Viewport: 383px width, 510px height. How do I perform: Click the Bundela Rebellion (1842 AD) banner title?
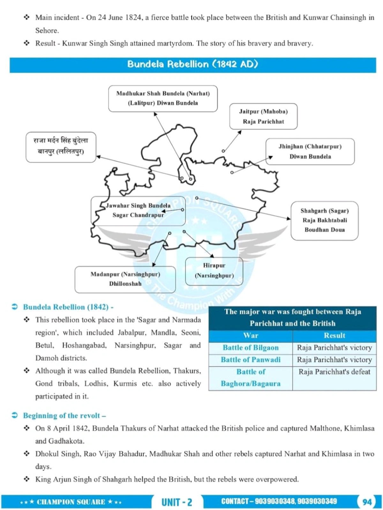pos(192,64)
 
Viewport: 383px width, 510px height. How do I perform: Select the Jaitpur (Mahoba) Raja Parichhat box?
pos(263,116)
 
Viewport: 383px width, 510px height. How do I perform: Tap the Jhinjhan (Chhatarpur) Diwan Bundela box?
pos(310,152)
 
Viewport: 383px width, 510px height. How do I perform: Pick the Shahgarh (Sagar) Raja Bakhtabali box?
pos(324,220)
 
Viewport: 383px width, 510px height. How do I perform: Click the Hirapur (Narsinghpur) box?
pos(214,271)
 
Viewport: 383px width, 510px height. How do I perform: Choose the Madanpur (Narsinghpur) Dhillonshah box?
pos(125,279)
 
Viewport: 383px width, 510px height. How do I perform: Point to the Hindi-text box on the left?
pos(61,147)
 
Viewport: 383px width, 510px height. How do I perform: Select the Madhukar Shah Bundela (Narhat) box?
pos(163,98)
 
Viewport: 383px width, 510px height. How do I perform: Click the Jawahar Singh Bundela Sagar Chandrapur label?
pos(138,210)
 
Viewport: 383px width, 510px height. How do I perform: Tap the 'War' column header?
pos(251,335)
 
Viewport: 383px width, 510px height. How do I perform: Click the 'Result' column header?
pos(334,335)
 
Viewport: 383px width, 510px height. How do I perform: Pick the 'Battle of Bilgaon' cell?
pos(251,348)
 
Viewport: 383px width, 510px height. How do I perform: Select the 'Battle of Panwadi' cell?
pos(251,360)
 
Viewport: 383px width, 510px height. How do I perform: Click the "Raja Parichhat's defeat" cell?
pos(334,372)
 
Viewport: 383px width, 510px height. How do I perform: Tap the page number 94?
pos(367,502)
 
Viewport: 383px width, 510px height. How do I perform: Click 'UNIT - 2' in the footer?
pos(177,502)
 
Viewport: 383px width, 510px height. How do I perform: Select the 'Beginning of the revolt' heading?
pos(64,416)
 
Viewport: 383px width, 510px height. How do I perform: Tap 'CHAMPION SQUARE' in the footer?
pos(71,502)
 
